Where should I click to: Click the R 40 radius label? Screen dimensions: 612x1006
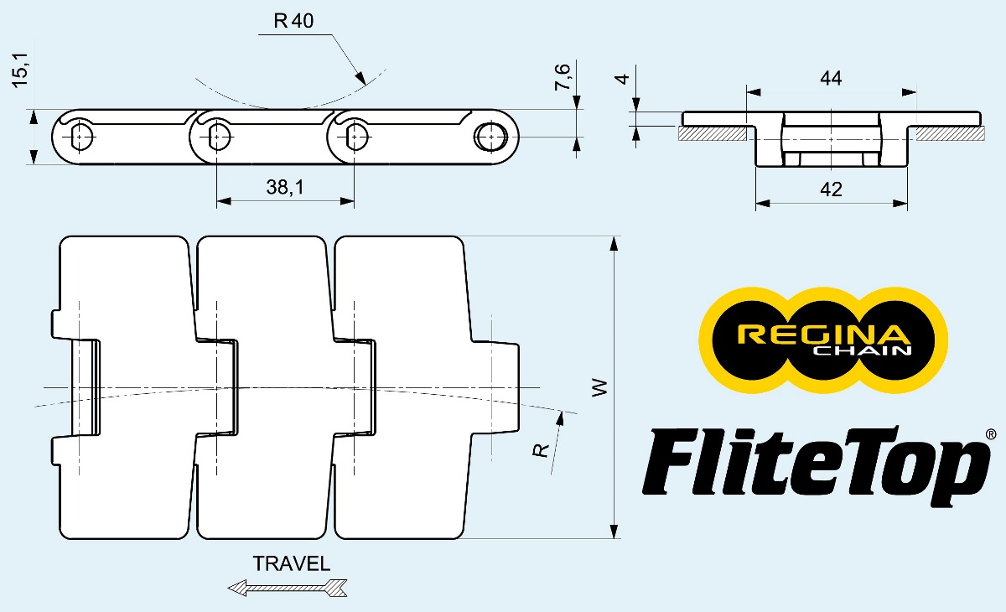(293, 21)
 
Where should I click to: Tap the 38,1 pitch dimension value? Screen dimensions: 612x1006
(284, 189)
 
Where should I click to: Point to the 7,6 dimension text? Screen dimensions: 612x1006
(564, 77)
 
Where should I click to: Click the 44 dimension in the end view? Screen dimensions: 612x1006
(830, 78)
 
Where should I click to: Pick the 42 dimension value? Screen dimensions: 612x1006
(830, 189)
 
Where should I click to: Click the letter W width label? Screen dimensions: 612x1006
(599, 388)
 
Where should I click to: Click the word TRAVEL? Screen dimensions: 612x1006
(292, 563)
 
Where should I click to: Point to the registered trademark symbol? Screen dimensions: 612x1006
(990, 434)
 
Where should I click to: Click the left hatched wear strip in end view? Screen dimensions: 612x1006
(713, 132)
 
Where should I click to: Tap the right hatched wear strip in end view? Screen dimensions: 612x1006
(949, 132)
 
